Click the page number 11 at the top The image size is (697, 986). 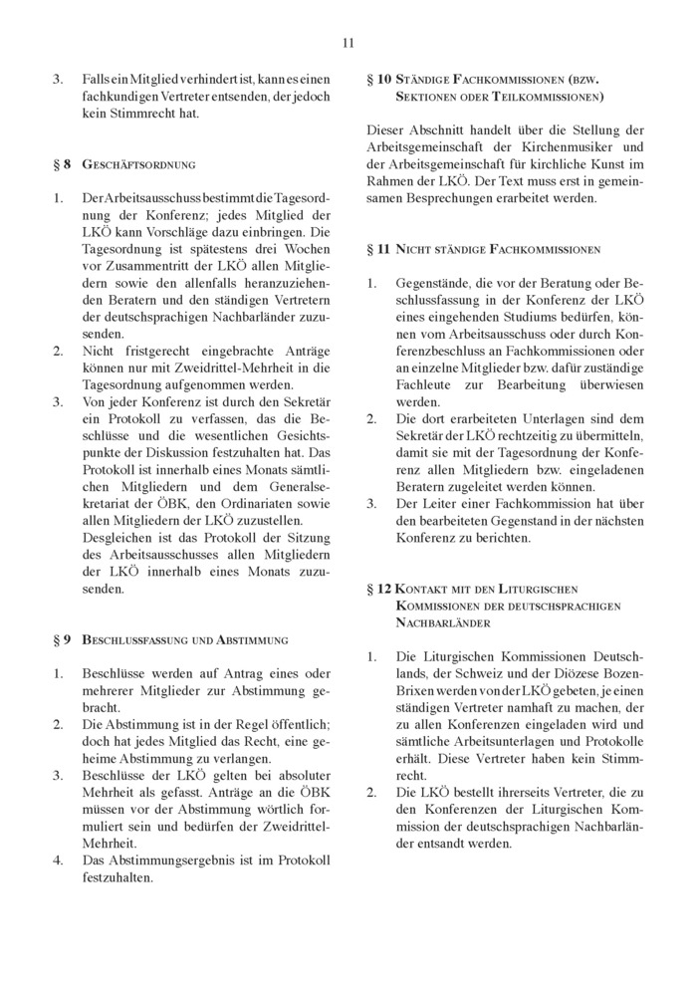(348, 42)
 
